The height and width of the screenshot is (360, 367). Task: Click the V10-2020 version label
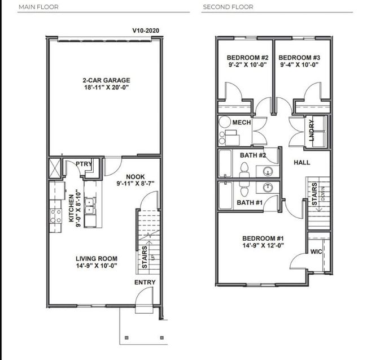click(146, 31)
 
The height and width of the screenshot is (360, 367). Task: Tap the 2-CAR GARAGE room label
click(106, 80)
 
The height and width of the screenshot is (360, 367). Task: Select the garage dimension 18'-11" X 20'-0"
click(107, 88)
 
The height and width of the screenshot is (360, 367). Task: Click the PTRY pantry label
click(84, 164)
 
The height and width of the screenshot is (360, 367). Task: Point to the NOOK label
click(136, 177)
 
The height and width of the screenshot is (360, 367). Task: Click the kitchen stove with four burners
click(56, 216)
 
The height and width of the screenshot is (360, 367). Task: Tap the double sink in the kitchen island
click(90, 206)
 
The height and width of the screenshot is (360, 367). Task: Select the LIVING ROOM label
click(97, 259)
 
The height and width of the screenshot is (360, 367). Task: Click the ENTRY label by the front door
click(145, 282)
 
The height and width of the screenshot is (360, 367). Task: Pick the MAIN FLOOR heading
click(38, 7)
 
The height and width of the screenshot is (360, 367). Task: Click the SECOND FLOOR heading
click(228, 7)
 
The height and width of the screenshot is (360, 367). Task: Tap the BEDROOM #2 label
click(248, 58)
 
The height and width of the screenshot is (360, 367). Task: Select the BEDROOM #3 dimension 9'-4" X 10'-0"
click(299, 64)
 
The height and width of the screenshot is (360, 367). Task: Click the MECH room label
click(242, 122)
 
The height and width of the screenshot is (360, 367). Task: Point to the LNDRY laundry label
click(311, 131)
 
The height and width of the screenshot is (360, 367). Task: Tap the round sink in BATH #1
click(268, 187)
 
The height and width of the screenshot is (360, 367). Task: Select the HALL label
click(302, 162)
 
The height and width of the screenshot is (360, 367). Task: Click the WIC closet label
click(316, 252)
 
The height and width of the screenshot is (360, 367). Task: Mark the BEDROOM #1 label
click(263, 238)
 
